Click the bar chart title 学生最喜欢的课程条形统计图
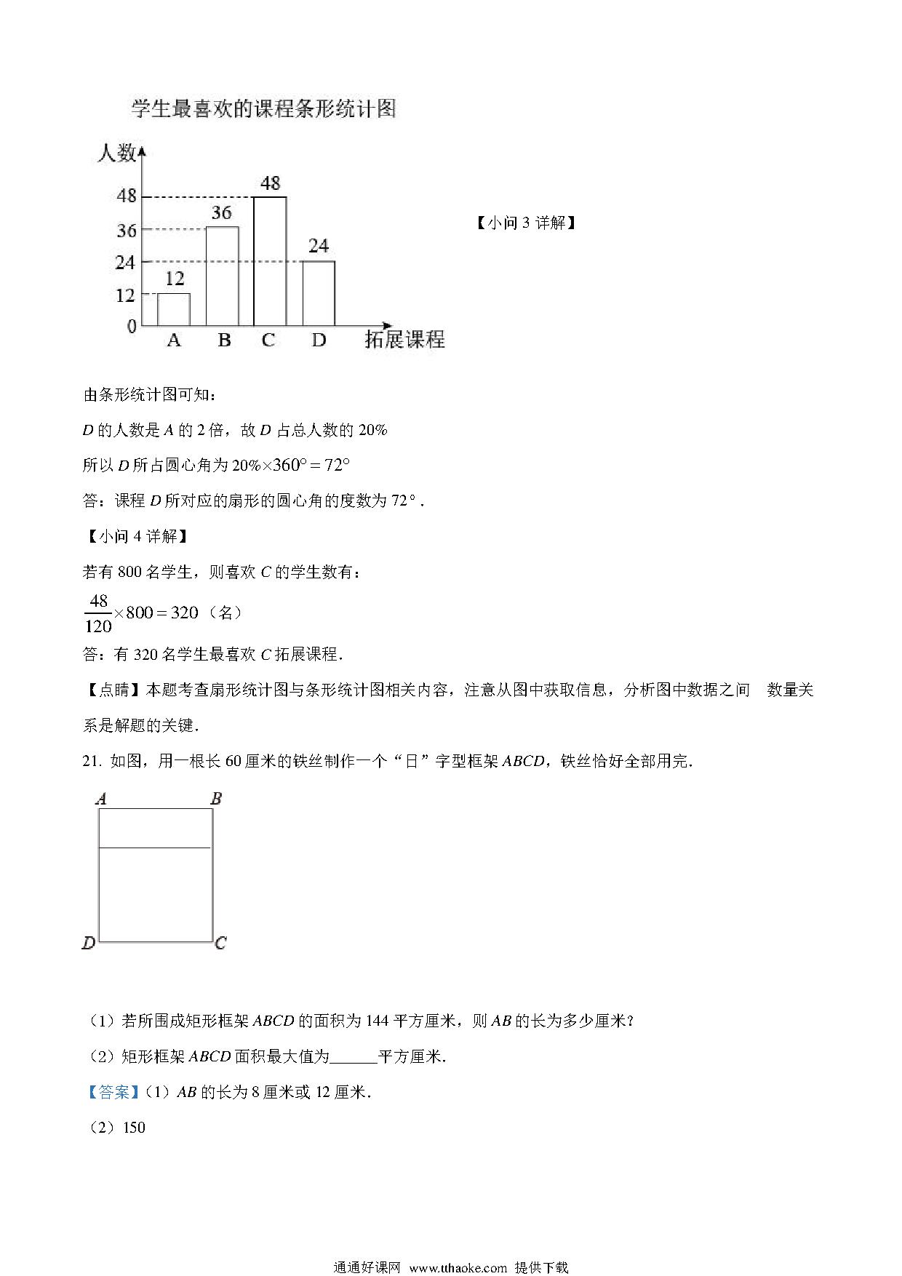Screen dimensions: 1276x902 (x=263, y=109)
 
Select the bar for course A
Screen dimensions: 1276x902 (x=174, y=309)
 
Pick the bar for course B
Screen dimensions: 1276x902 (x=222, y=276)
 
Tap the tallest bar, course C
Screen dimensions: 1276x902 (x=270, y=261)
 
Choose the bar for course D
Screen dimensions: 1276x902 (x=319, y=293)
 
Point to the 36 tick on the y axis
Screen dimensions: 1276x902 (x=127, y=231)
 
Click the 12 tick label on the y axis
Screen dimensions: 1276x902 (x=125, y=295)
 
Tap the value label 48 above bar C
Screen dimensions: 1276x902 (x=270, y=183)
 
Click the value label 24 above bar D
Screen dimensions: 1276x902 (x=319, y=246)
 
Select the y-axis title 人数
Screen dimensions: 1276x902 (x=116, y=153)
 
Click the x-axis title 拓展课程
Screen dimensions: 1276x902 (x=404, y=340)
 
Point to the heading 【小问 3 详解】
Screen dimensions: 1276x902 (x=526, y=223)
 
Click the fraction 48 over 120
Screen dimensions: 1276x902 (x=98, y=613)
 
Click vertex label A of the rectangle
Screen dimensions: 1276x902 (x=101, y=799)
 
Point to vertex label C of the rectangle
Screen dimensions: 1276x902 (x=220, y=944)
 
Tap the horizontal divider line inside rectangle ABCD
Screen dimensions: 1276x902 (x=155, y=848)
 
